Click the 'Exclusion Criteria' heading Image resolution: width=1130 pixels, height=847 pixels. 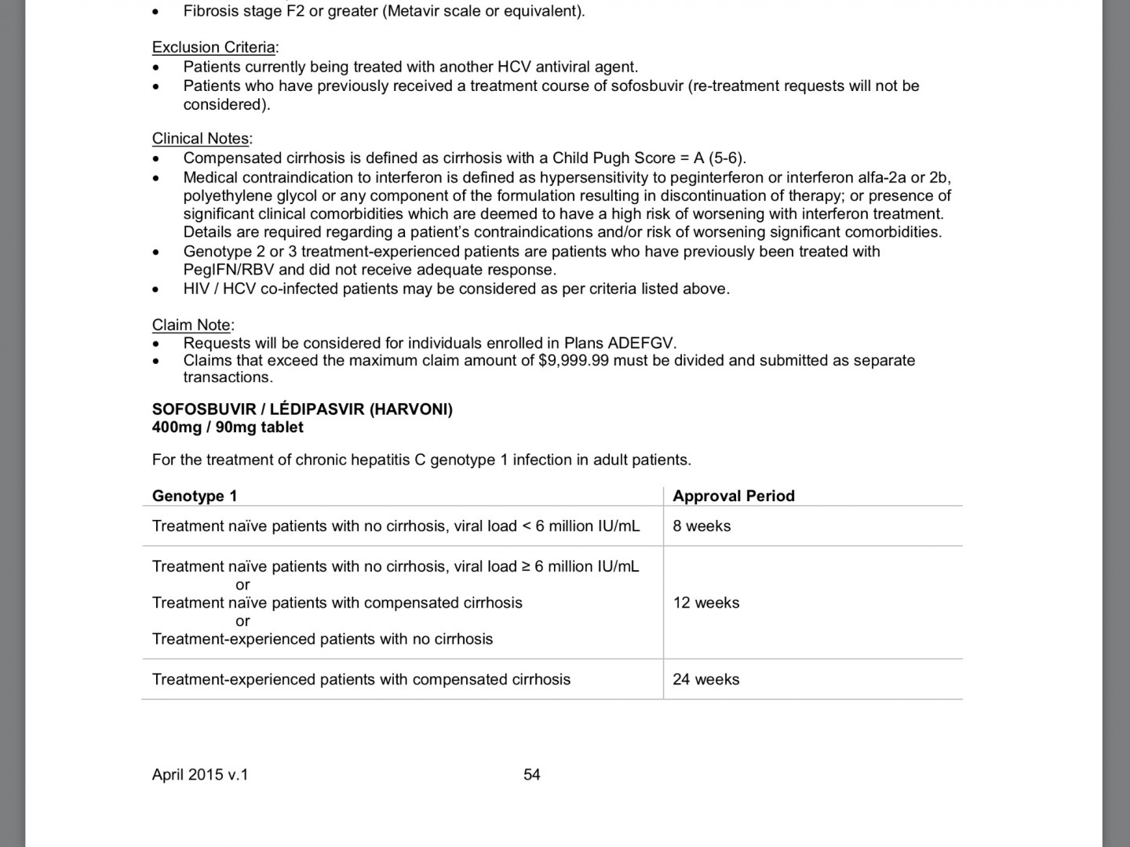pos(213,47)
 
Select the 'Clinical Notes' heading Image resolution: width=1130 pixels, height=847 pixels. pos(200,139)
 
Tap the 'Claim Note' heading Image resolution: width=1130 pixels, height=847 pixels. pos(191,325)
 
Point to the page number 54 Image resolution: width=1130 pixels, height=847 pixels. pos(532,775)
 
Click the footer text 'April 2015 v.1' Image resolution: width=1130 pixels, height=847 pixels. pos(200,775)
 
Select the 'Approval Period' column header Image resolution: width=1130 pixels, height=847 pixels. pos(734,496)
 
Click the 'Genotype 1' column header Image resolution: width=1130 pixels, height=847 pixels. pos(195,496)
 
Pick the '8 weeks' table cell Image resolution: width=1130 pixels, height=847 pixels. pos(702,526)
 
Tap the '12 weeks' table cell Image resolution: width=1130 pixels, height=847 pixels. pos(706,603)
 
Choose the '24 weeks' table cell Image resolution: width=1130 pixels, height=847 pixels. pos(706,679)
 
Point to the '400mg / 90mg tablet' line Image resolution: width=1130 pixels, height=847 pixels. pos(228,427)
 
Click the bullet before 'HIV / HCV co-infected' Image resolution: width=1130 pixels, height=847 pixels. pos(157,289)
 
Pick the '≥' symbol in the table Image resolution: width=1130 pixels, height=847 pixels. pos(526,566)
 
